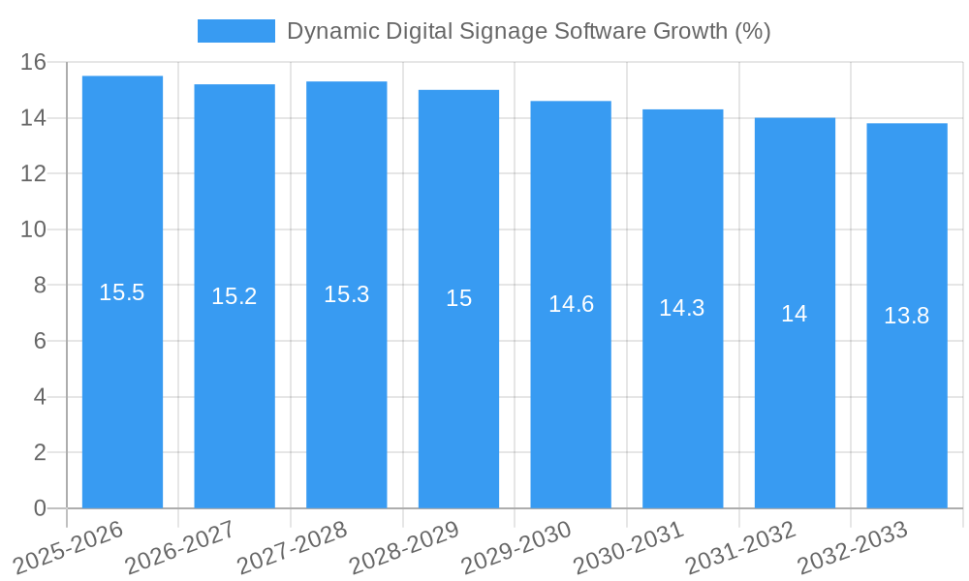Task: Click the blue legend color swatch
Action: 235,31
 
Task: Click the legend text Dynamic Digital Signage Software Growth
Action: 528,31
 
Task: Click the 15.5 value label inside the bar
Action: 122,292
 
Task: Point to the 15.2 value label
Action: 234,296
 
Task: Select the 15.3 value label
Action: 347,294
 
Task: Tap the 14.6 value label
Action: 571,304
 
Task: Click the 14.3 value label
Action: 682,308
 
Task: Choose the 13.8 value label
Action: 907,316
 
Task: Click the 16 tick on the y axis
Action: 34,62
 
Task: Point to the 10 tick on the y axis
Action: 34,229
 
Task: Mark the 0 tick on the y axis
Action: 40,508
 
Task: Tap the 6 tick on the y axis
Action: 40,341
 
